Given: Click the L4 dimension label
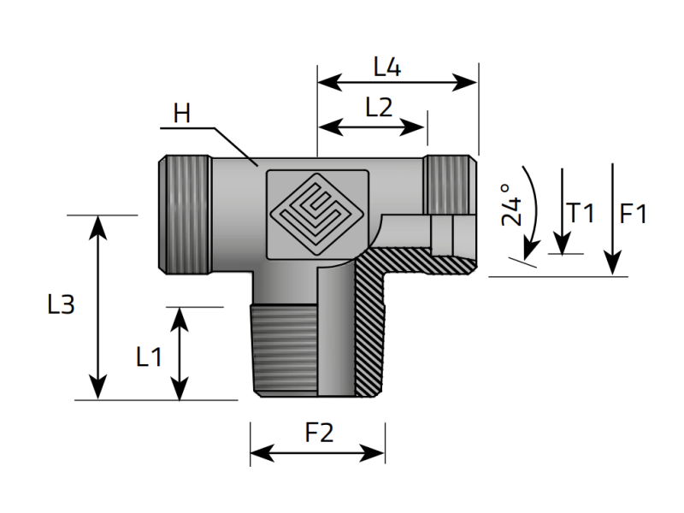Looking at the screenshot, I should pos(387,66).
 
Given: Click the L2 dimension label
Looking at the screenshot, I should pos(378,108).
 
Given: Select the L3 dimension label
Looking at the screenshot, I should pos(61,305).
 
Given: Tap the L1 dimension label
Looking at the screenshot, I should pos(149,356).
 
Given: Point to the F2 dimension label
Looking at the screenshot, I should pos(318,433).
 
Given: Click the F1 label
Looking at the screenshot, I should pos(634,214).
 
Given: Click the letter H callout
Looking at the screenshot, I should pos(181,113).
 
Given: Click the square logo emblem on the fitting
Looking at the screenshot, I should pos(318,214).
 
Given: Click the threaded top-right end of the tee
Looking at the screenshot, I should pos(449,184).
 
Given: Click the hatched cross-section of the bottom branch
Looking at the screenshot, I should pos(373,333).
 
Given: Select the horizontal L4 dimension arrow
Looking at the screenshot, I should pos(397,82).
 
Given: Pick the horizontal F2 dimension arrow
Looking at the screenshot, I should pos(317,452).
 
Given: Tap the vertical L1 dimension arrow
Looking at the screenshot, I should pos(180,353).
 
